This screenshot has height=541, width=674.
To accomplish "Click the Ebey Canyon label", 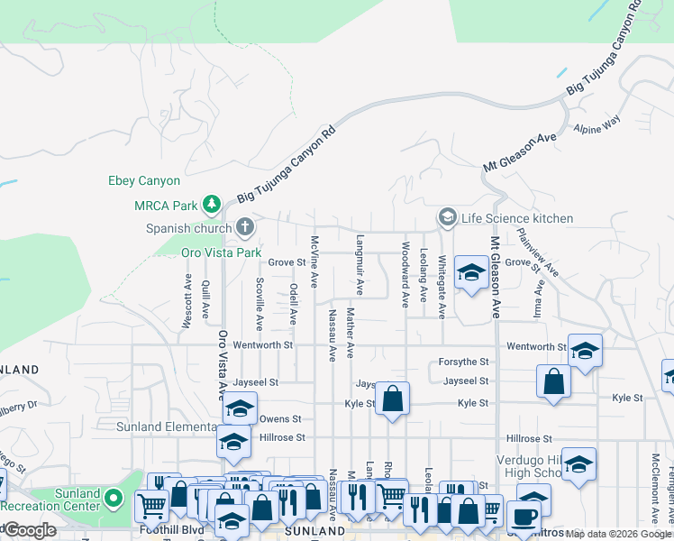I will click(144, 181).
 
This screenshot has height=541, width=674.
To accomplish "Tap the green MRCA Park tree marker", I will click(212, 205).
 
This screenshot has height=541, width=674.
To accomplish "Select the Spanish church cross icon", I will click(244, 226).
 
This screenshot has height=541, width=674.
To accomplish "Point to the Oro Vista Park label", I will click(221, 252).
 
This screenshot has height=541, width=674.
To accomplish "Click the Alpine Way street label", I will click(598, 124).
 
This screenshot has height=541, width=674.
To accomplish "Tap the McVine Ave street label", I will click(314, 262).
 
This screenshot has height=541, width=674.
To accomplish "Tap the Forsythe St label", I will click(463, 362).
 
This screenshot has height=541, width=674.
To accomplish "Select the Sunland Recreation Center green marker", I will click(113, 497).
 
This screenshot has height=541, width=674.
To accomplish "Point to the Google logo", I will click(30, 530).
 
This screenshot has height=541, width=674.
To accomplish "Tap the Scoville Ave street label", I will click(260, 303).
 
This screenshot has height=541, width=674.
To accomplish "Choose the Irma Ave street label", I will click(540, 300).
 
